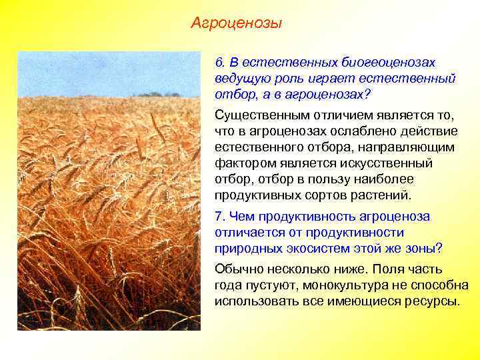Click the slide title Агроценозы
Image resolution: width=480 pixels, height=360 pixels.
(x=236, y=24)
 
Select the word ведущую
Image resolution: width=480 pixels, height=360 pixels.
(x=240, y=78)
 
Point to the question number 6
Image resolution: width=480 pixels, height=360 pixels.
(x=219, y=62)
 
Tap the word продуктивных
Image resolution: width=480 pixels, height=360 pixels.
(x=257, y=196)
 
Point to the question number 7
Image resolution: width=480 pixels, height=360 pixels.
(x=219, y=216)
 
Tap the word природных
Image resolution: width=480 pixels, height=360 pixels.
(x=241, y=249)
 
